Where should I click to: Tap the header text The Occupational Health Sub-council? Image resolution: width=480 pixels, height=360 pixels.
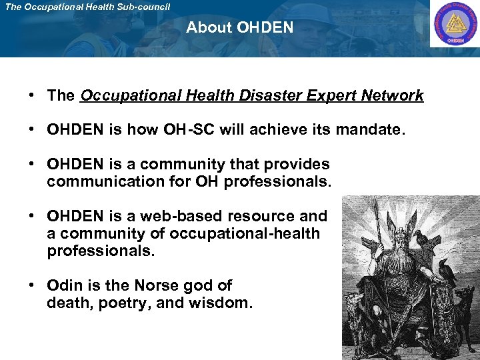pyautogui.click(x=87, y=7)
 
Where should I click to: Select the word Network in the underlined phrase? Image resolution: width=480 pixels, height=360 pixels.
pyautogui.click(x=392, y=95)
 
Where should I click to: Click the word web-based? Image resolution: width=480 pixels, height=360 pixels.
pyautogui.click(x=184, y=216)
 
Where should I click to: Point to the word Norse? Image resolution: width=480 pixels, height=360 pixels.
pyautogui.click(x=155, y=285)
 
